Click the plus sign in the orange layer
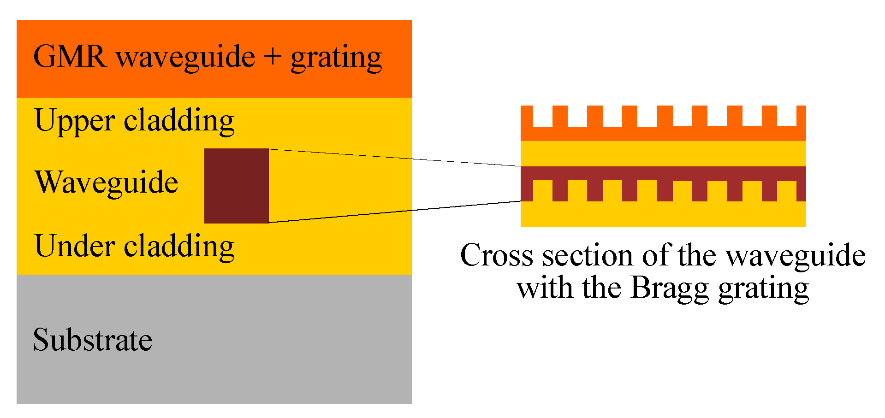pos(273,57)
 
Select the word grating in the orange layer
pos(336,59)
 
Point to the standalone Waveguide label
pos(106,183)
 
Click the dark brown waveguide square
pos(237,186)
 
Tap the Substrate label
pos(93,340)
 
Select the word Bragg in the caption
pos(669,288)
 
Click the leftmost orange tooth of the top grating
pos(527,116)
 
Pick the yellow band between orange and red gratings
pos(663,153)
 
